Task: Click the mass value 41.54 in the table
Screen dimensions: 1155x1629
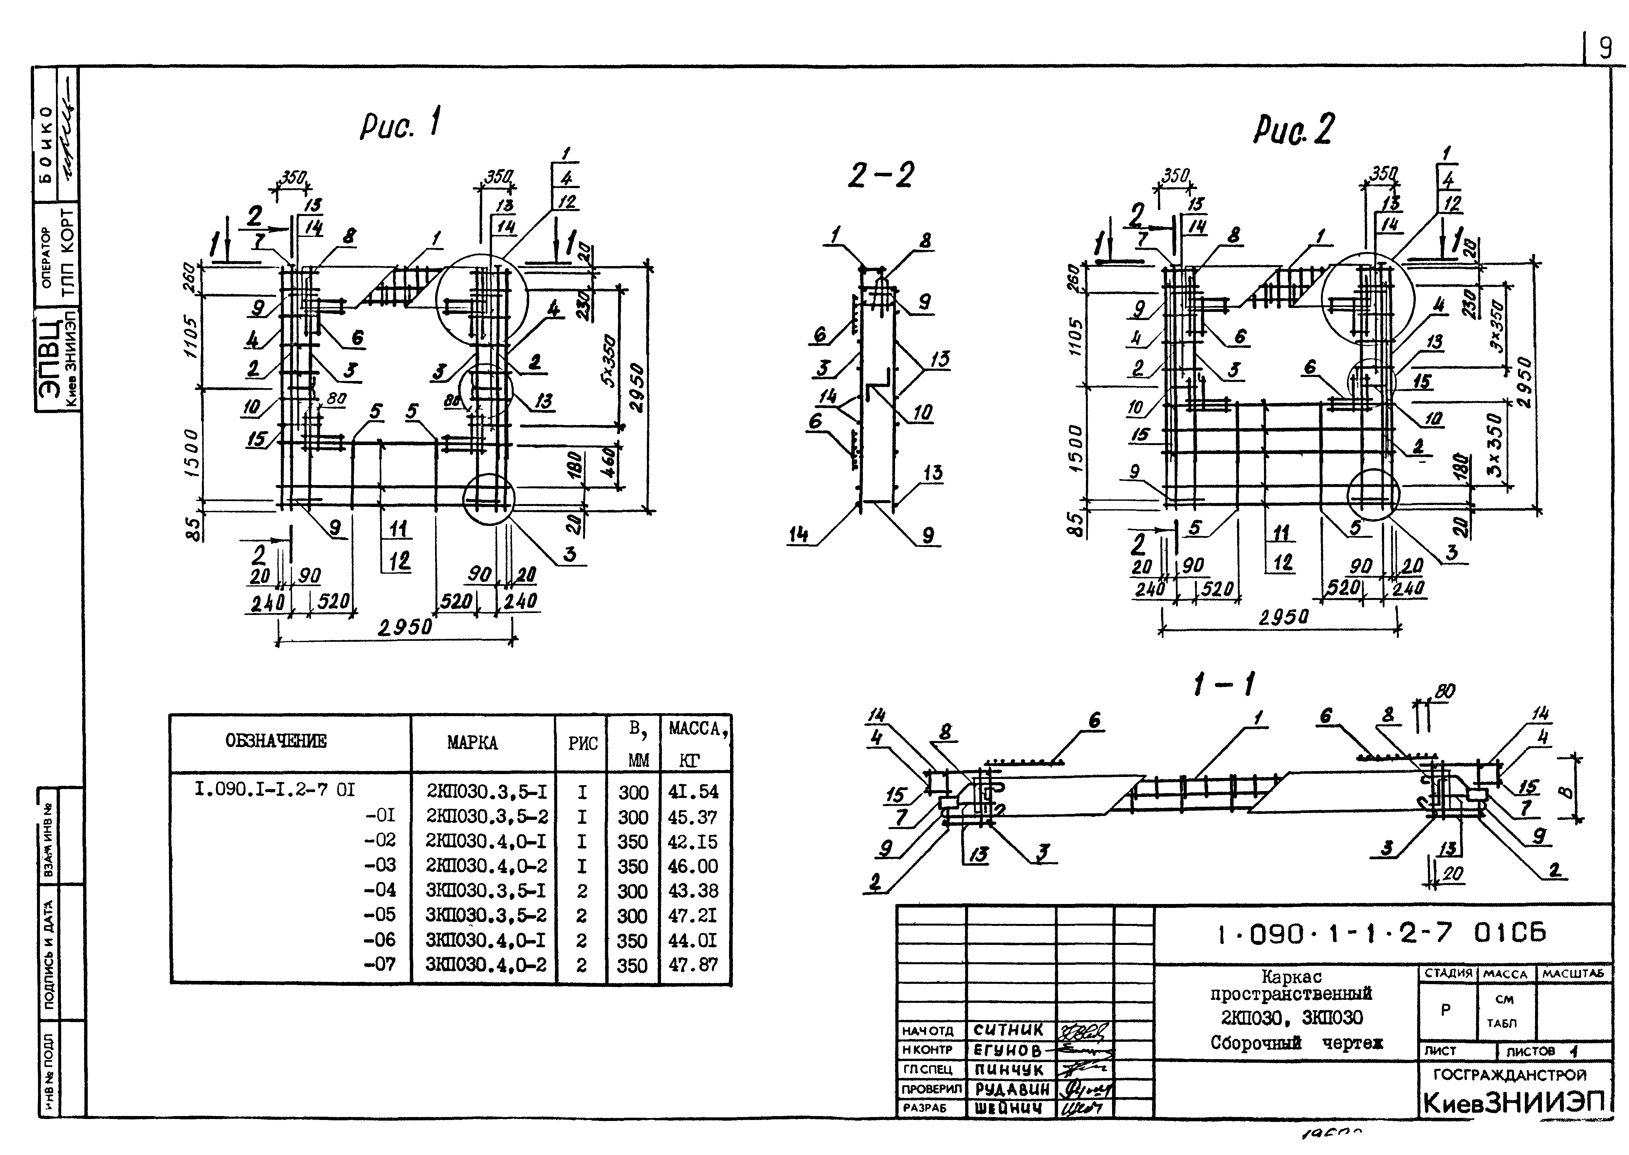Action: [x=693, y=792]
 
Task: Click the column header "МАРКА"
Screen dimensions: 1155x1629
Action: [x=472, y=743]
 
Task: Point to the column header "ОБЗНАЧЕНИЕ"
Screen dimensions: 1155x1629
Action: [x=276, y=741]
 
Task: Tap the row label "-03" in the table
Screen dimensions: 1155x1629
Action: [x=380, y=866]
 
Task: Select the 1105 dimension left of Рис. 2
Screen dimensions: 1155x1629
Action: [x=1076, y=336]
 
